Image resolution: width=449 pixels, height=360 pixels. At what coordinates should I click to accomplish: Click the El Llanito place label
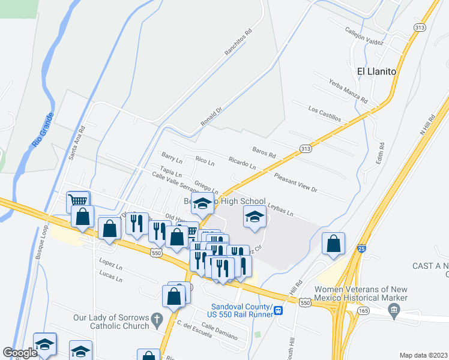[376, 71]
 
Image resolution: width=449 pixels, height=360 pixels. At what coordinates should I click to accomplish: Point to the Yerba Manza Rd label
[347, 91]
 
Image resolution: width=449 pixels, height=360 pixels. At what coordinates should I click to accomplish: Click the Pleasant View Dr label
[295, 182]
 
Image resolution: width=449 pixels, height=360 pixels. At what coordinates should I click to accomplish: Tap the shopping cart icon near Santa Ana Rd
[78, 200]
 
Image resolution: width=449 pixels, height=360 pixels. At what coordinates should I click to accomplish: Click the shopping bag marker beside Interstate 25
[333, 243]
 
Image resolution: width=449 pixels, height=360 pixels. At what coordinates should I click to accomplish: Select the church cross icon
[157, 318]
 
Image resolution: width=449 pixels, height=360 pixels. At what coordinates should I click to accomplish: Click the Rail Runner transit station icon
[279, 310]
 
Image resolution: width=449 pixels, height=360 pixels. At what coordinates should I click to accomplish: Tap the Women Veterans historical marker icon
[394, 311]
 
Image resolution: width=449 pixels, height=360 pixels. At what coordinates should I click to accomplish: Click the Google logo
[19, 353]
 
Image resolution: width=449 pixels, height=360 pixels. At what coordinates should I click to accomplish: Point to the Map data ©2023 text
[423, 355]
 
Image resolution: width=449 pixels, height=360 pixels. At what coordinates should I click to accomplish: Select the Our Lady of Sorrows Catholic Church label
[111, 322]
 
